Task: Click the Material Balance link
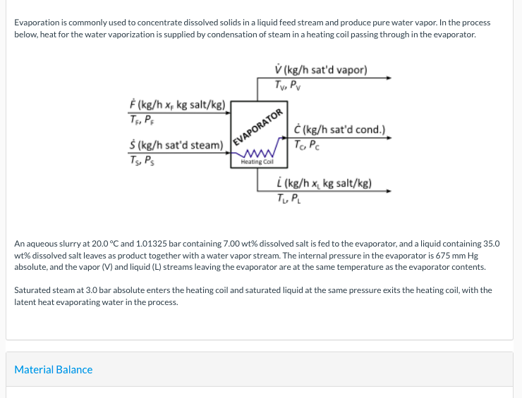pyautogui.click(x=54, y=370)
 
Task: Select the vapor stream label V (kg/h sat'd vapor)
pyautogui.click(x=321, y=70)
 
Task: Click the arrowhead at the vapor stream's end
pyautogui.click(x=387, y=77)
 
